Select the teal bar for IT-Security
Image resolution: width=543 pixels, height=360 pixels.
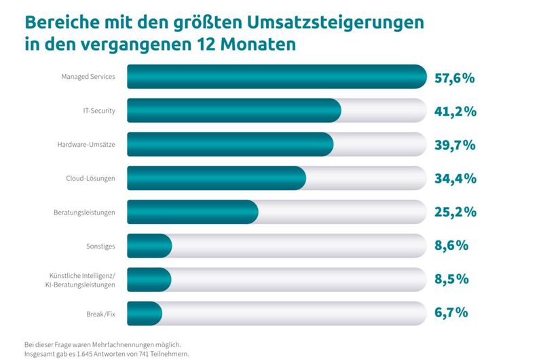[233, 110]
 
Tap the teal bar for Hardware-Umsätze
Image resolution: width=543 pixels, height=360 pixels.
[230, 144]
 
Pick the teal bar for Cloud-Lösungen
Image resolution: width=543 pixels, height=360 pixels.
[217, 178]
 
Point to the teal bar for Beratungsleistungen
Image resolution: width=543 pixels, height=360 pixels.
[193, 212]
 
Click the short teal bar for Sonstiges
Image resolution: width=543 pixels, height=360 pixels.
[149, 245]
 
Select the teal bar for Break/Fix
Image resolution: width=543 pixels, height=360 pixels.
[145, 312]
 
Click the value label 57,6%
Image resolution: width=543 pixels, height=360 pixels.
[454, 77]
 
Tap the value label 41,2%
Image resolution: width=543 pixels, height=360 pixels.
[454, 111]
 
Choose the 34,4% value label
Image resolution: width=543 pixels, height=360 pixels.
[455, 179]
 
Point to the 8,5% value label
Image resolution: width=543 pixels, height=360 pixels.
[451, 279]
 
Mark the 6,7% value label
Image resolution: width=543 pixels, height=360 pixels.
[451, 312]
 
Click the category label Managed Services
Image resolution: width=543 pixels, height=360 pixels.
[88, 77]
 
